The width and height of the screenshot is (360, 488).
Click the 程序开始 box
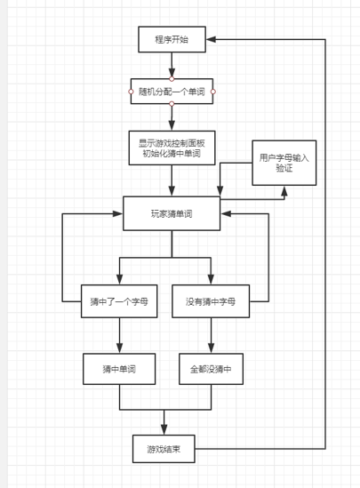tap(172, 39)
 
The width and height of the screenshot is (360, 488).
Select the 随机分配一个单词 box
tap(172, 92)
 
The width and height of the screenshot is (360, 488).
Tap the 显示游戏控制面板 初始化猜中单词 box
tap(172, 148)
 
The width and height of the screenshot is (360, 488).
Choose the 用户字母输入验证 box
tap(284, 163)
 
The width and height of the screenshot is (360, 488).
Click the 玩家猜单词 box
tap(172, 213)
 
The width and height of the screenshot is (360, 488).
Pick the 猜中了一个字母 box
tap(119, 301)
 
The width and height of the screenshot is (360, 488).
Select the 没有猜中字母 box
tap(211, 301)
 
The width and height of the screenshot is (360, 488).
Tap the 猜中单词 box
tap(119, 369)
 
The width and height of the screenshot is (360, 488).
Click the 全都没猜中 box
tap(211, 369)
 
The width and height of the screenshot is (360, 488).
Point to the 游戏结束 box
tap(164, 449)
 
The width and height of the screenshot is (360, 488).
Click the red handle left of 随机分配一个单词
tap(131, 92)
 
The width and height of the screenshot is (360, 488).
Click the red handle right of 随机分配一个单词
tap(213, 92)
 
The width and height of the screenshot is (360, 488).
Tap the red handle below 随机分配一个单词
tap(172, 104)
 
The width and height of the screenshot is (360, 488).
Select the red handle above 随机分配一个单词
tap(172, 79)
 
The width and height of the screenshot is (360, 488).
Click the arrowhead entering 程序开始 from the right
tap(211, 39)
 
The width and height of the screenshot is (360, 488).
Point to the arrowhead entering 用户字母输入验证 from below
tap(284, 190)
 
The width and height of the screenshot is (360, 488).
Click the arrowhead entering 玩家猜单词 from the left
tap(118, 213)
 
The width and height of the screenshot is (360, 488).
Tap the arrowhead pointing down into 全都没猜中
tap(211, 348)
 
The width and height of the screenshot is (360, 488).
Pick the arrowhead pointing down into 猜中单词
tap(119, 348)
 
